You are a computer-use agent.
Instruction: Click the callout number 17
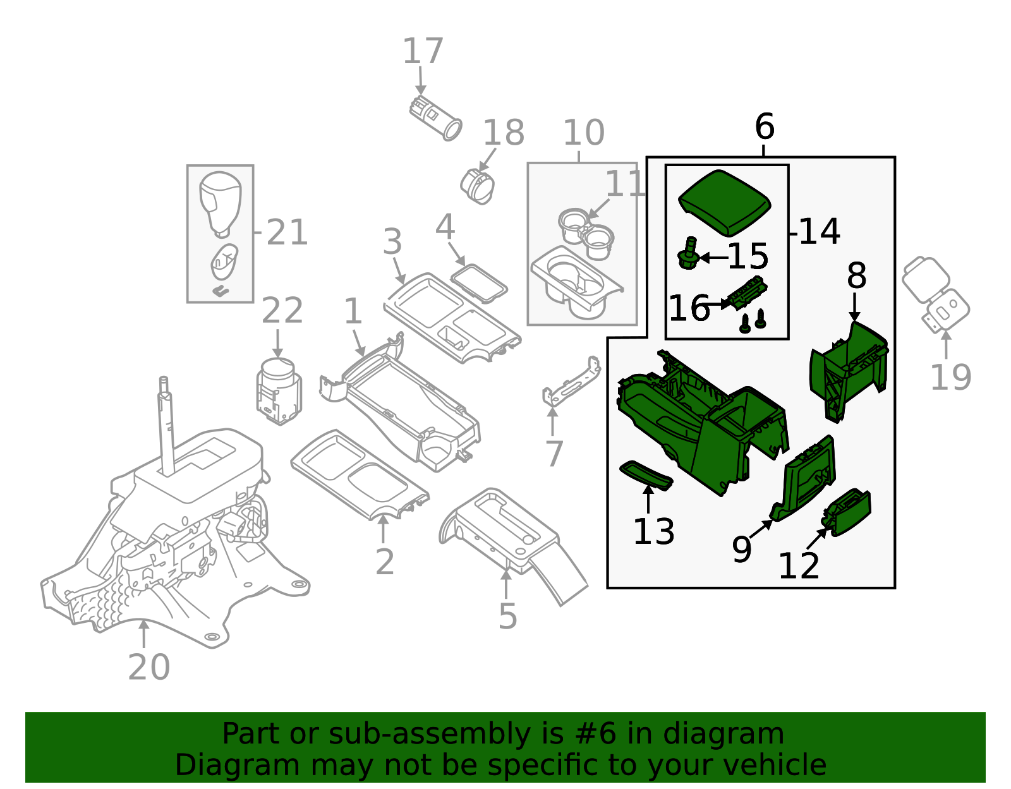click(x=423, y=52)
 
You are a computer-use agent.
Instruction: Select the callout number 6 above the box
click(x=764, y=127)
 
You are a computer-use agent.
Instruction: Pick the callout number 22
click(x=282, y=311)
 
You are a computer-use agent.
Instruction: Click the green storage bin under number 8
click(x=849, y=370)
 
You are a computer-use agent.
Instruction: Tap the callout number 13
click(x=653, y=532)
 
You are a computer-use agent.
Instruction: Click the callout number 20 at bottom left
click(x=149, y=667)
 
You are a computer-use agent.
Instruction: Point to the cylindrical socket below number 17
click(x=435, y=118)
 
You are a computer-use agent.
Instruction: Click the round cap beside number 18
click(x=478, y=186)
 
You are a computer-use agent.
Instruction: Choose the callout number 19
click(x=950, y=377)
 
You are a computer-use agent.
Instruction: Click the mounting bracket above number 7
click(x=572, y=382)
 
